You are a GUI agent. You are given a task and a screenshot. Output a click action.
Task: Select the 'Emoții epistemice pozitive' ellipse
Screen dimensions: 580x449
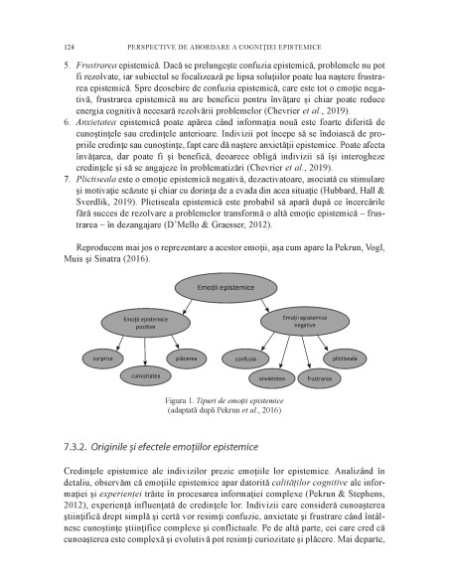coord(146,323)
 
